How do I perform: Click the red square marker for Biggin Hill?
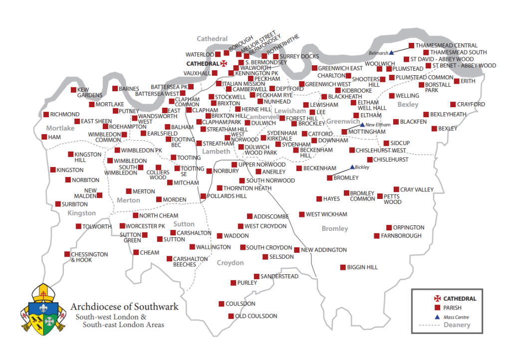[x=343, y=267]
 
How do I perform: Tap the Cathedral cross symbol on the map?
[x=224, y=64]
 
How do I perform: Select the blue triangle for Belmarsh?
[x=392, y=52]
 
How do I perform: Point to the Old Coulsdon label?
[x=256, y=316]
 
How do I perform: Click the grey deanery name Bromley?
[x=335, y=228]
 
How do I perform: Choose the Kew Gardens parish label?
[x=90, y=93]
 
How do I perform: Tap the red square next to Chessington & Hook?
[x=67, y=254]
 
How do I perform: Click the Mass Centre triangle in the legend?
[x=437, y=317]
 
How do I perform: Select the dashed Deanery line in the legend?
[x=430, y=326]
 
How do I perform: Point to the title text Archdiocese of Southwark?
[x=124, y=307]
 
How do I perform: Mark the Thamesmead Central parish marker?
[x=412, y=45]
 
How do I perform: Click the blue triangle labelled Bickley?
[x=352, y=167]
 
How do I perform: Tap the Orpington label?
[x=409, y=227]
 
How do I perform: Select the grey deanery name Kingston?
[x=81, y=213]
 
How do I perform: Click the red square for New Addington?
[x=297, y=250]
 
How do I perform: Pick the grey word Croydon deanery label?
[x=231, y=263]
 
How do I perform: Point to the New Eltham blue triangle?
[x=362, y=125]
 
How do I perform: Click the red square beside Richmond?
[x=45, y=115]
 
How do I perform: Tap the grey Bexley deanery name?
[x=408, y=104]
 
